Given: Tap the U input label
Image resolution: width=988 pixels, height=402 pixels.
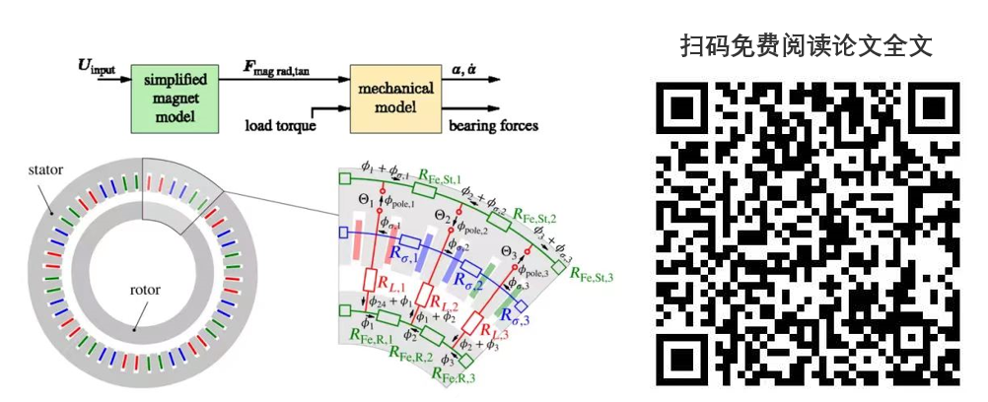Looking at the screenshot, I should pos(97,67).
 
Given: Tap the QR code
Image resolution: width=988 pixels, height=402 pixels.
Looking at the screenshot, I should pos(807,234).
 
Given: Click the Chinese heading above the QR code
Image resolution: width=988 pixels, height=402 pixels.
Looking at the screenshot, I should pos(806,46).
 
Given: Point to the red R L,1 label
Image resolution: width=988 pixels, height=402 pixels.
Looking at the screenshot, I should pos(388,282).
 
